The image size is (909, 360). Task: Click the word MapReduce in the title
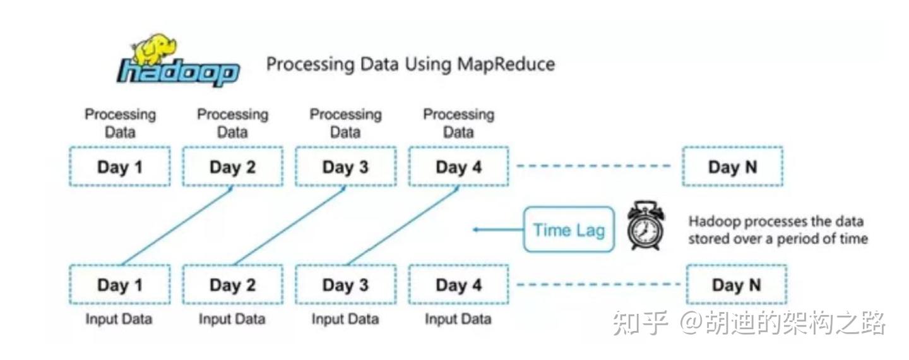[506, 64]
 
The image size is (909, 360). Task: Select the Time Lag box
[569, 230]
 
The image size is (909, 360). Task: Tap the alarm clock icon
[646, 225]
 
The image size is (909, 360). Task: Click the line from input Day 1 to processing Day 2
[177, 225]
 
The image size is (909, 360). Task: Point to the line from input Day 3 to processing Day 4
[403, 225]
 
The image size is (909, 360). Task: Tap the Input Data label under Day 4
[458, 319]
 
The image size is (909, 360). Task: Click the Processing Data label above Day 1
[120, 123]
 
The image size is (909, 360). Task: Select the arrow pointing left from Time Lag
[498, 230]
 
